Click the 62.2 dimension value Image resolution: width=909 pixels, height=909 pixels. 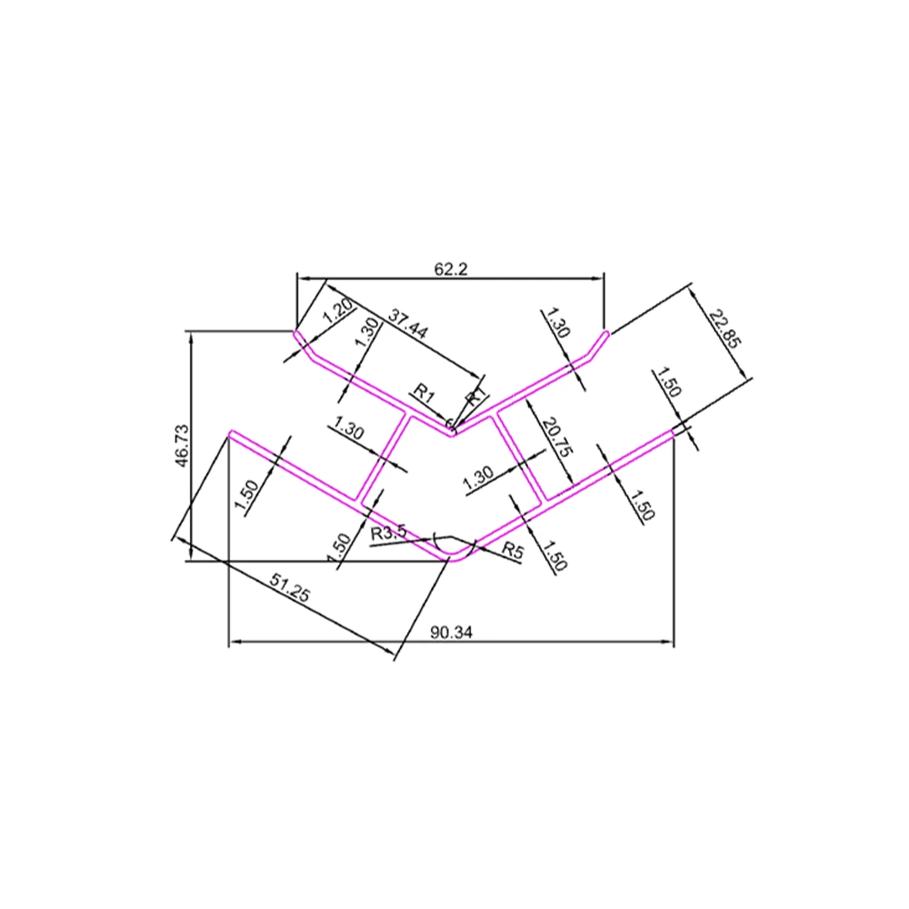(x=451, y=269)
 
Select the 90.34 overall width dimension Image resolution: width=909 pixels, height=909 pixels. (x=452, y=633)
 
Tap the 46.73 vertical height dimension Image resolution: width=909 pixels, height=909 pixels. (x=182, y=445)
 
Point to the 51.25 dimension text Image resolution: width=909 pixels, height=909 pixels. (x=291, y=586)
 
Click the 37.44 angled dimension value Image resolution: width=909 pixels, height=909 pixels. (x=408, y=324)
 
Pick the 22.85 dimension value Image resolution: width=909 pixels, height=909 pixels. (x=724, y=327)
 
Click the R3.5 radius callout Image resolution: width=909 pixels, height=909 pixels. (x=389, y=532)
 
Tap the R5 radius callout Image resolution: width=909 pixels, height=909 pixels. (x=513, y=550)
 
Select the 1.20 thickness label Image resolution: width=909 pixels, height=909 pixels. (x=337, y=311)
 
